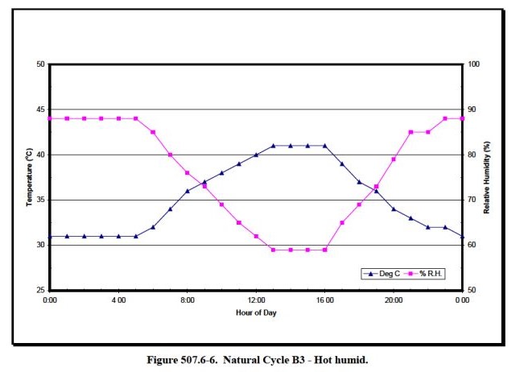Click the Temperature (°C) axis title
[x=29, y=177]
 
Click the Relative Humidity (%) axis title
[x=487, y=177]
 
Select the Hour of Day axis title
[x=256, y=312]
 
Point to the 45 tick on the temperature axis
[x=40, y=110]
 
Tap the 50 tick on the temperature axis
[x=40, y=64]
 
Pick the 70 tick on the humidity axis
[x=473, y=200]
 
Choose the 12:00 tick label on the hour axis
[x=256, y=300]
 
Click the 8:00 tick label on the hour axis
[x=188, y=300]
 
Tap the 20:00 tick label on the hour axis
[x=394, y=300]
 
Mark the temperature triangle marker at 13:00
[x=273, y=146]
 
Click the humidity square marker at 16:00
[x=324, y=250]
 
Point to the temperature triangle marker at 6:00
[x=153, y=227]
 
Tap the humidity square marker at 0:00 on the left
[x=50, y=118]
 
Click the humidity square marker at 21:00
[x=411, y=132]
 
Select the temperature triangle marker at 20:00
[x=394, y=209]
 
